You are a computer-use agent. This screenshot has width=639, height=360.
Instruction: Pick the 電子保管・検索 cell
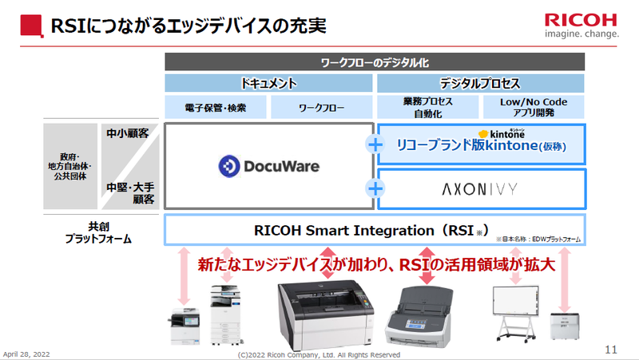(216, 107)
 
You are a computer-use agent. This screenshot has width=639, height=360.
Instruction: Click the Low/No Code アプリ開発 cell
(534, 107)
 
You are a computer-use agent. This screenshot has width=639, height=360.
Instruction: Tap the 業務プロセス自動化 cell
(427, 107)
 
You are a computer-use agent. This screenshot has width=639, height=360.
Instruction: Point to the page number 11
(611, 349)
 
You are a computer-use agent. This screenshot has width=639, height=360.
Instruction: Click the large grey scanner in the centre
(325, 316)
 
